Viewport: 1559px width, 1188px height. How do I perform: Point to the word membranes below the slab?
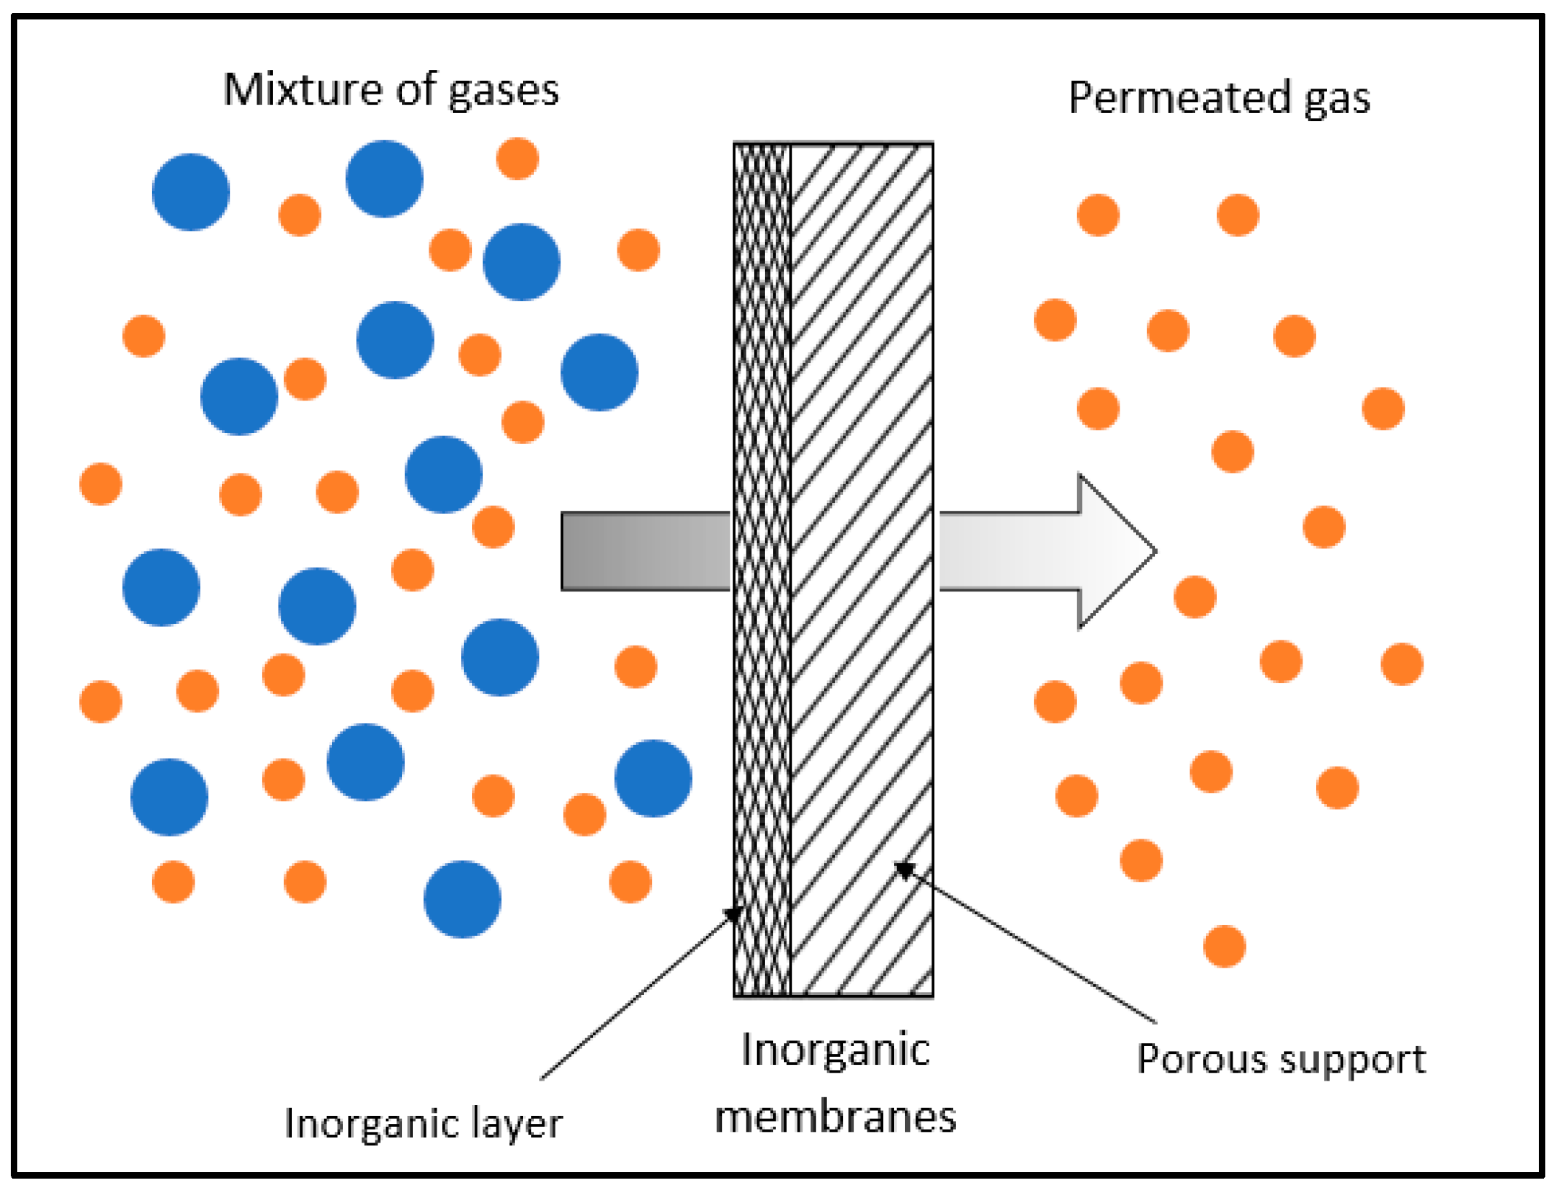tap(835, 1117)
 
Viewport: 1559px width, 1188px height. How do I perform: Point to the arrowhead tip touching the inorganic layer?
tap(733, 914)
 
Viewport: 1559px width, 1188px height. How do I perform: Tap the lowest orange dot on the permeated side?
tap(1224, 946)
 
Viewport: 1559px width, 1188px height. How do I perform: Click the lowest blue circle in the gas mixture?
tap(462, 899)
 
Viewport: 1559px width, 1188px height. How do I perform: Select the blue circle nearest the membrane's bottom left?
tap(653, 778)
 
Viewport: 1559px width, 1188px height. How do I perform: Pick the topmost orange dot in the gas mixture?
tap(517, 158)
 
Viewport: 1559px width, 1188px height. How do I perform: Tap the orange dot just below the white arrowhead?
tap(1194, 597)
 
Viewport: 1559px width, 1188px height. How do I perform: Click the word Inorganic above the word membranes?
tap(835, 1050)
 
